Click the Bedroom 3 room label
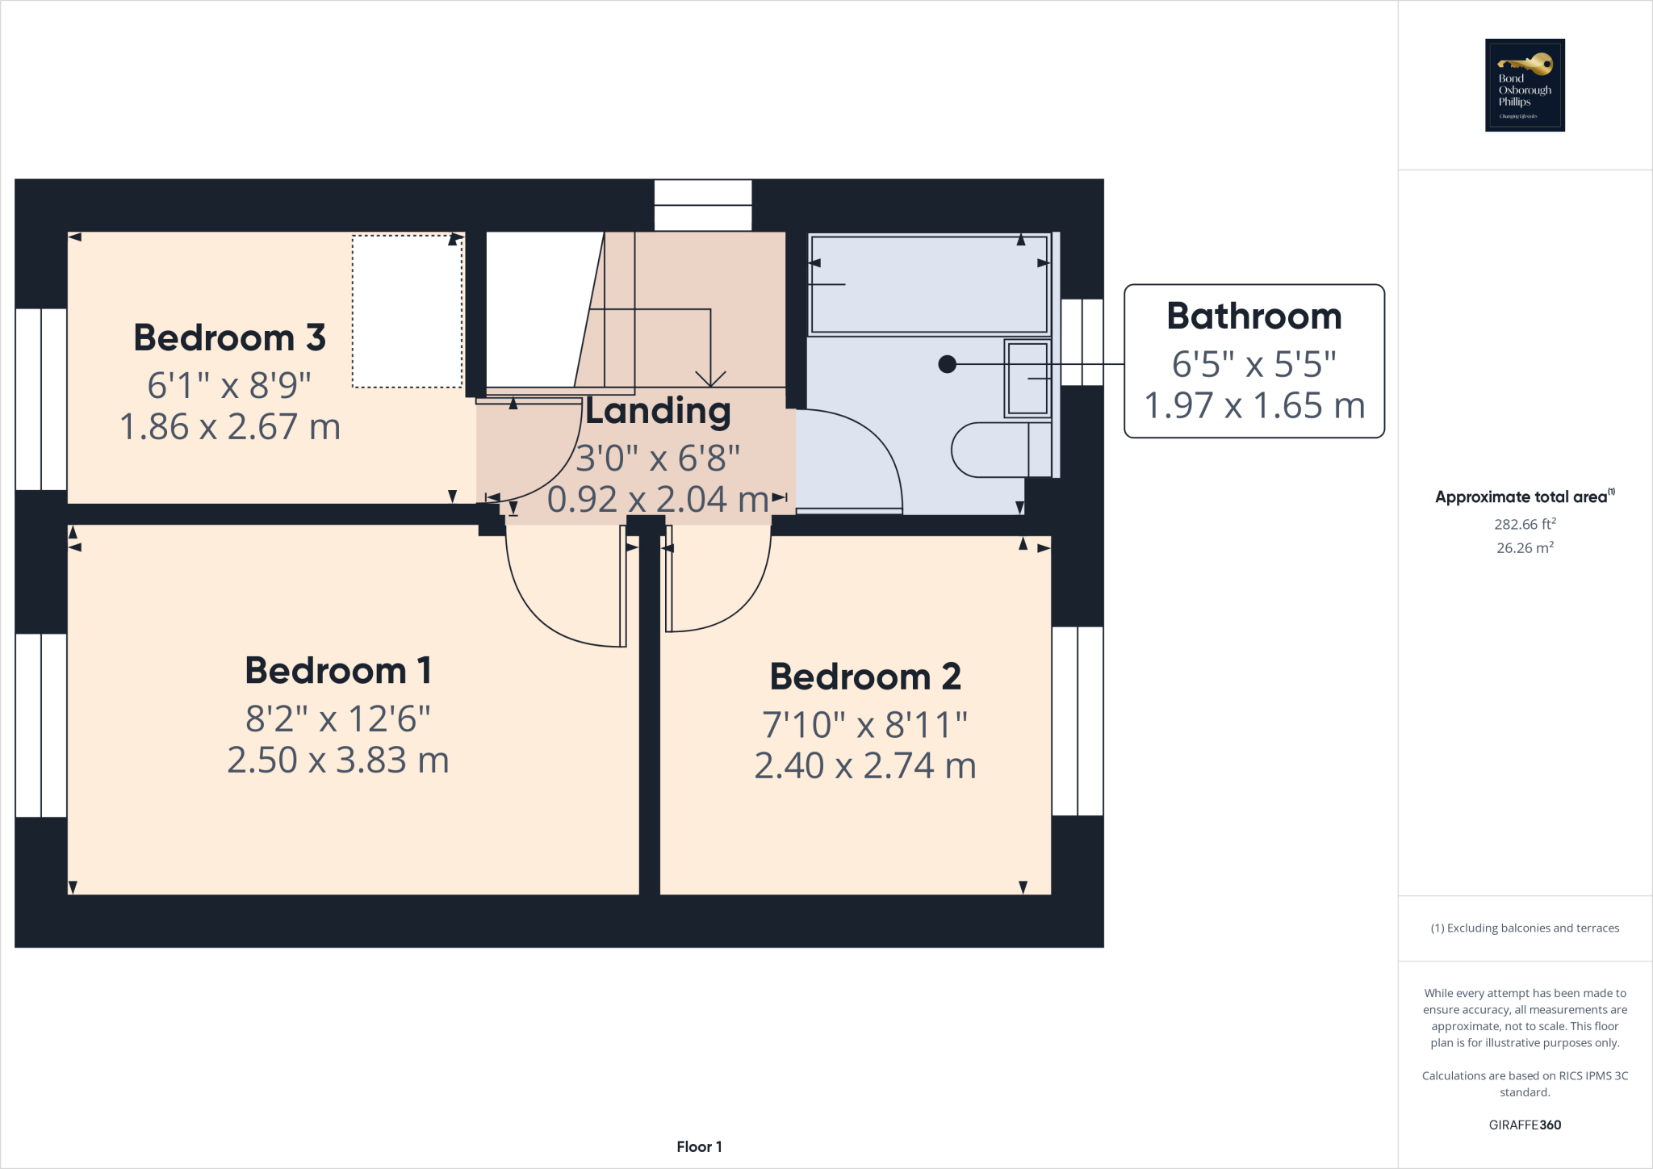point(229,337)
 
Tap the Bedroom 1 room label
point(337,671)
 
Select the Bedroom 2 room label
point(865,677)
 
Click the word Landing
point(658,411)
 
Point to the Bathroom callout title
point(1253,316)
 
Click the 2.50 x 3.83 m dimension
point(337,760)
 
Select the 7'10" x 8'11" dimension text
point(865,725)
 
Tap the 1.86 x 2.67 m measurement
point(229,427)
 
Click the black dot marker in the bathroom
point(948,364)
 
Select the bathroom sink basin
point(1027,379)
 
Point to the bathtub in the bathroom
point(928,283)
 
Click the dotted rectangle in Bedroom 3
point(407,312)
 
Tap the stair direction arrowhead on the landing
point(710,379)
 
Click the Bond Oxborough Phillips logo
point(1525,86)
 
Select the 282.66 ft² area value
point(1525,524)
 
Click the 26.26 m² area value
point(1525,547)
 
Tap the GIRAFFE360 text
point(1525,1125)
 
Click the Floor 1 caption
point(699,1146)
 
